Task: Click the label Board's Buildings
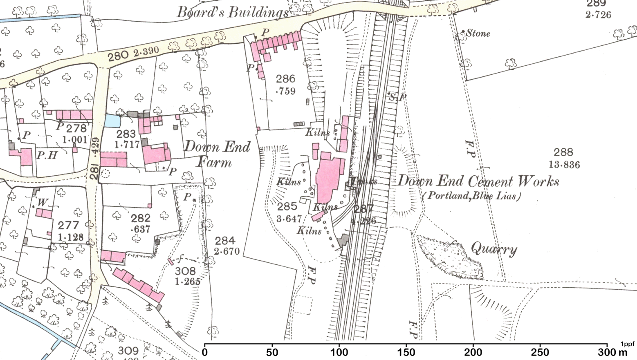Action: [x=232, y=12]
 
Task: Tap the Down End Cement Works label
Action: [x=478, y=181]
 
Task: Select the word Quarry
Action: [x=494, y=248]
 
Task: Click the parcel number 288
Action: [x=563, y=152]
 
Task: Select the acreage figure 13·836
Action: [x=565, y=165]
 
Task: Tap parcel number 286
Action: [x=285, y=78]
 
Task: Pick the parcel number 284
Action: [x=225, y=241]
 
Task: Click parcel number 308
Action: [x=185, y=271]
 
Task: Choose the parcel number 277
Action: [x=68, y=225]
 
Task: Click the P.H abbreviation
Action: [x=47, y=155]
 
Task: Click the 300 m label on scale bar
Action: [x=612, y=352]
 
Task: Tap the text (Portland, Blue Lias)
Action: [x=471, y=196]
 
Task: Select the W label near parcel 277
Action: [x=43, y=202]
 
